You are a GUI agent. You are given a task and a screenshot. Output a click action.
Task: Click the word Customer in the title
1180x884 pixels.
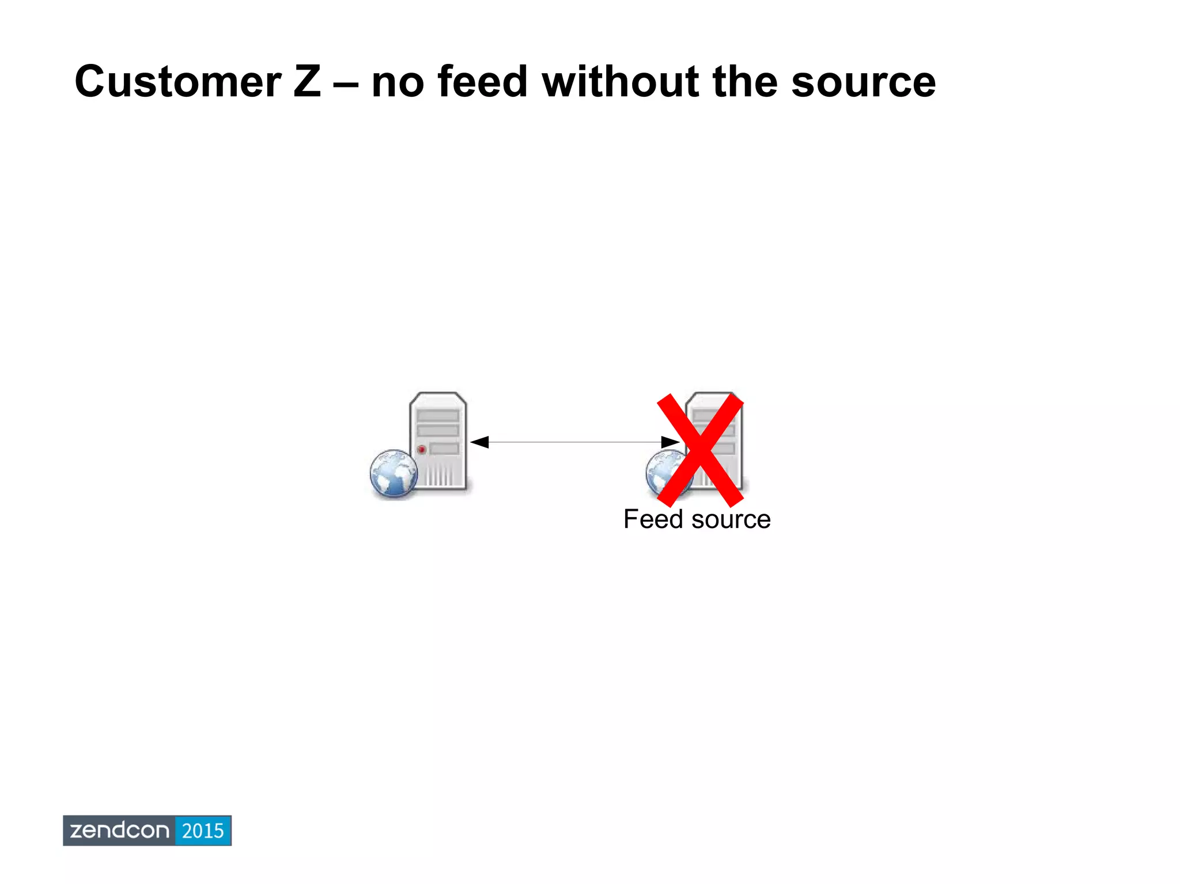coord(178,82)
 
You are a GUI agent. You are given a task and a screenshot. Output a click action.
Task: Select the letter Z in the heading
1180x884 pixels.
coord(307,82)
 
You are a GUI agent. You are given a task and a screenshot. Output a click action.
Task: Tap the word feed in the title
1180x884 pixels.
coord(483,82)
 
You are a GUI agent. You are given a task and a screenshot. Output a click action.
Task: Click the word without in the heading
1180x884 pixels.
coord(621,82)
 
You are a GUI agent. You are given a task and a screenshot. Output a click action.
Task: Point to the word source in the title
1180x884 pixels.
coord(863,82)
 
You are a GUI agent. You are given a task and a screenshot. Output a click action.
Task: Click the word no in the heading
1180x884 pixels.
coord(398,82)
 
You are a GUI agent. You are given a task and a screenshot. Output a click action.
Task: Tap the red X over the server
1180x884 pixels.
coord(700,450)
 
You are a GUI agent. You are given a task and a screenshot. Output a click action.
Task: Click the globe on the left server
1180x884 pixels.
coord(394,473)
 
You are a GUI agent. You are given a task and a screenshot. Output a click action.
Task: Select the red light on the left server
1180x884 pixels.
coord(422,449)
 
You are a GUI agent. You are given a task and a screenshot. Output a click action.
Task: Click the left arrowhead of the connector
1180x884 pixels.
coord(479,442)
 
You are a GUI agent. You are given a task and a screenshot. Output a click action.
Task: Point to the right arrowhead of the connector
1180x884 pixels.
coord(670,442)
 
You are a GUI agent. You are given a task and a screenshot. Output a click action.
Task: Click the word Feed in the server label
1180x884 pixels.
coord(653,519)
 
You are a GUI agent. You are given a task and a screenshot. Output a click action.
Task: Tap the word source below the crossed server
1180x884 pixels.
coord(731,520)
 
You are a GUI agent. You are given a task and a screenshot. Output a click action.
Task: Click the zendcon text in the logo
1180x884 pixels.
coord(119,830)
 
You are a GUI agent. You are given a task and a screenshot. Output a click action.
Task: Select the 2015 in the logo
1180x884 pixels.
coord(203,830)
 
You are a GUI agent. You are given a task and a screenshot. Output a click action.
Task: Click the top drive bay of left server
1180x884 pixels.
coord(438,415)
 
